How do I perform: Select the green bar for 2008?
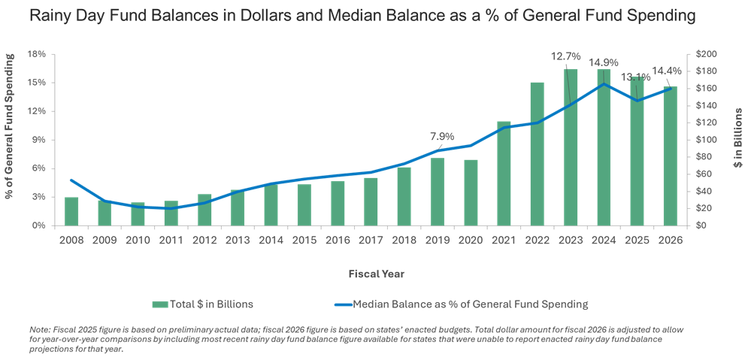click(x=71, y=210)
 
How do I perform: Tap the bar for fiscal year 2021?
click(x=504, y=173)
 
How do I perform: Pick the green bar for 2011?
click(x=171, y=213)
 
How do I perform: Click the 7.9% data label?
click(x=442, y=137)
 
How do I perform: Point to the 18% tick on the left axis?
click(x=37, y=54)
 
